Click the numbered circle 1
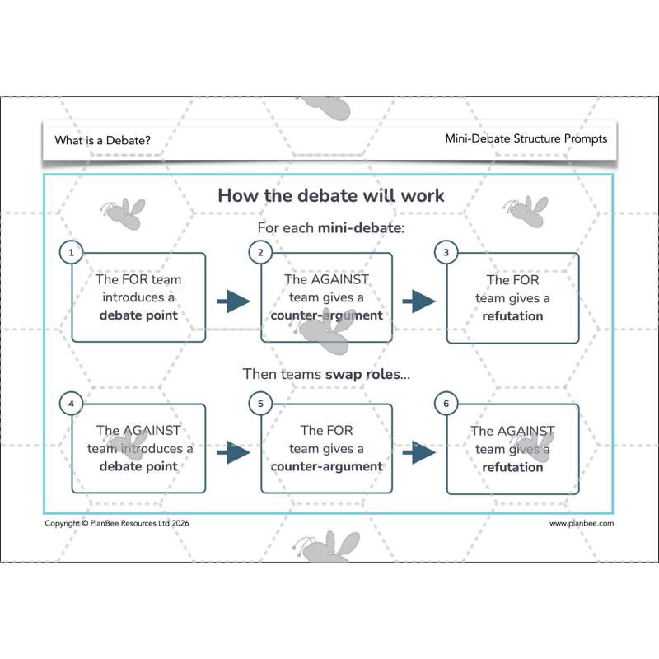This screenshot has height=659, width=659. pos(72,253)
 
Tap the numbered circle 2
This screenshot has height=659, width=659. pos(260,253)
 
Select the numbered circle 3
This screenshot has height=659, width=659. pos(446,253)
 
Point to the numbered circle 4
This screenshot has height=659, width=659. pos(72,404)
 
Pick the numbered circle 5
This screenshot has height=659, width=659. pos(260,404)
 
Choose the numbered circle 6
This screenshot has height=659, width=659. pos(446,404)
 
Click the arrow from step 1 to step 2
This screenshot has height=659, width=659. pos(233,301)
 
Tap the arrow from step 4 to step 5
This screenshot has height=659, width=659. pos(233,451)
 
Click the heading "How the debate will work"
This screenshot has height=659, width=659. pos(330,195)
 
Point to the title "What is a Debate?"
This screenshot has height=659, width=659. pos(103,140)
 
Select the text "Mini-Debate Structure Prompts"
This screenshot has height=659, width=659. pos(526,138)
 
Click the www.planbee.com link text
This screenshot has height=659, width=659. pos(582,523)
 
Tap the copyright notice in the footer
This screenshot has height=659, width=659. pos(122,523)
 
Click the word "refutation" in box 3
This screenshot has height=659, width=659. pos(513,315)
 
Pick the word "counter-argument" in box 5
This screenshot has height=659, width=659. pos(327,466)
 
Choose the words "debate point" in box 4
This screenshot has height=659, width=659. pos(138,466)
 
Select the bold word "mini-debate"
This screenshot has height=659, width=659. pos(361,227)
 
